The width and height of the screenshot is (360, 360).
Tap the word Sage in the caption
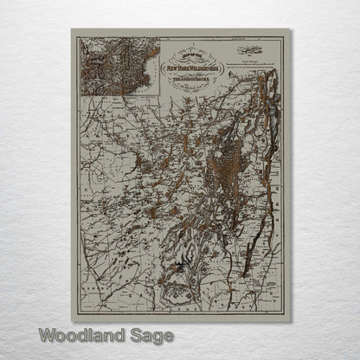[x=154, y=334]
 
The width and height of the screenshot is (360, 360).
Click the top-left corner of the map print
[x=72, y=29]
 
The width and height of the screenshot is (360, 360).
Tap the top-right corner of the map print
[x=288, y=29]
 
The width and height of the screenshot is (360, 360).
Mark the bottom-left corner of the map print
[x=72, y=311]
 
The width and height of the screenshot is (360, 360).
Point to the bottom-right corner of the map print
[x=288, y=311]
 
